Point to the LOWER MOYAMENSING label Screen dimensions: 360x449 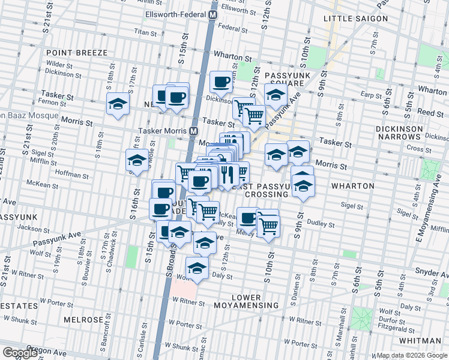coord(247,302)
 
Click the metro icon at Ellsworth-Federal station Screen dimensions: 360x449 coord(212,14)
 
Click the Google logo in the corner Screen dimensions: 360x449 coord(19,352)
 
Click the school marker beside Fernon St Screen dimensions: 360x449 coord(118,103)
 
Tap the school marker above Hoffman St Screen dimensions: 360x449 coord(137,160)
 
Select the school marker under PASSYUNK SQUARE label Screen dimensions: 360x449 coord(276,94)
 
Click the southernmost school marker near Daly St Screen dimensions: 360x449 coord(196,268)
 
